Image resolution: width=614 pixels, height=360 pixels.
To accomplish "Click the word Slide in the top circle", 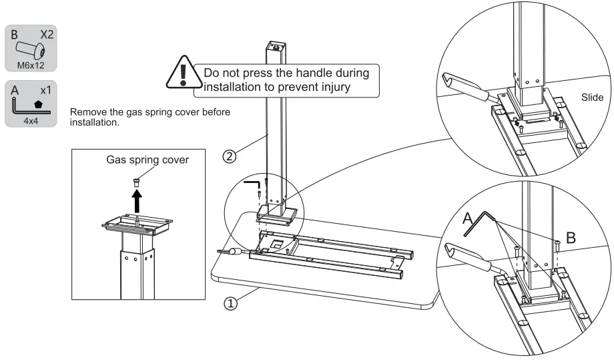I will point(592,98).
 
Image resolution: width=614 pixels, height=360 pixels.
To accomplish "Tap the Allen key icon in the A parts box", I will point(23,106).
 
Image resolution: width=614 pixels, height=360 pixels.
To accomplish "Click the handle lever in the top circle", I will point(465,87).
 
